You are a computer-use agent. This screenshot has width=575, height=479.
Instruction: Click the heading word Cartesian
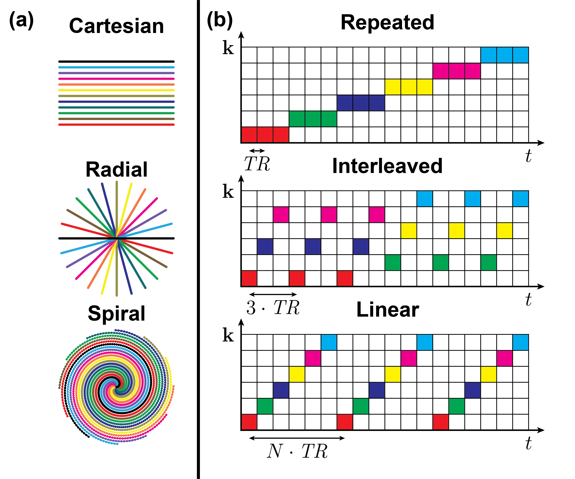116,26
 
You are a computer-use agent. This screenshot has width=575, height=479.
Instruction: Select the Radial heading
116,170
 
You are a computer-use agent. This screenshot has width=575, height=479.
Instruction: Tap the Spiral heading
116,313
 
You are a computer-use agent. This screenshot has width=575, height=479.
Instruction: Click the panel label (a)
21,21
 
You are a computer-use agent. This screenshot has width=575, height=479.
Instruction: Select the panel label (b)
220,21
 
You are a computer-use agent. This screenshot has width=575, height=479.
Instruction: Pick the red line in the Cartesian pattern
116,125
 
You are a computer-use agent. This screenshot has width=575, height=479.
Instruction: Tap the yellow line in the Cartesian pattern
116,90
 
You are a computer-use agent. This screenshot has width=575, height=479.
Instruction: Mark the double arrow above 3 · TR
273,294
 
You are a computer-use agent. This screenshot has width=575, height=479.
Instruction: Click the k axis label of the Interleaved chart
228,192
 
